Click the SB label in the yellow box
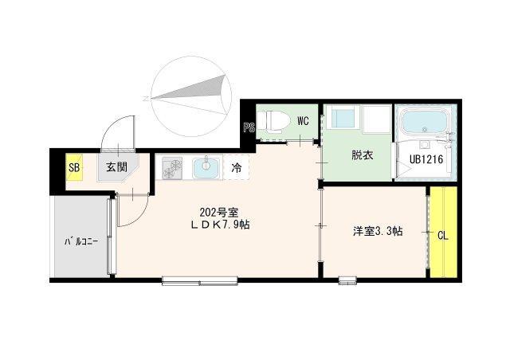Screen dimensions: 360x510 pos(73,167)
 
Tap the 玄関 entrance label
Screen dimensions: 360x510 pos(116,167)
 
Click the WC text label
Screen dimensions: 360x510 pos(303,121)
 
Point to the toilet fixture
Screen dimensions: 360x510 pos(274,121)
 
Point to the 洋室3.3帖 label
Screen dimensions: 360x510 pos(378,232)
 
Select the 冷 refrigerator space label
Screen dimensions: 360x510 pos(237,168)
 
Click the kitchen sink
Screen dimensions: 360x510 pos(206,167)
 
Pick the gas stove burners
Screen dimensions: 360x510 pos(172,168)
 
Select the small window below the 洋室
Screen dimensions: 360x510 pos(347,279)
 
